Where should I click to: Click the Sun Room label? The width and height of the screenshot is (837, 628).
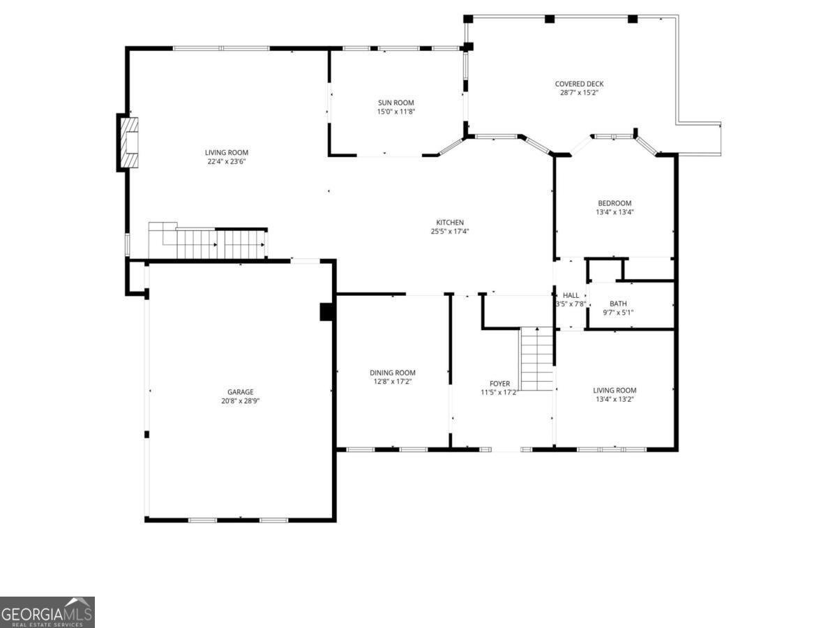point(396,103)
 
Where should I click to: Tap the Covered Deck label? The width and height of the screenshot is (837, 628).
point(579,84)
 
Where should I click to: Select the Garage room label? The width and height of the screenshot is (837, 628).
point(240,392)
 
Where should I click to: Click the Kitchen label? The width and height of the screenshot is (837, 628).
point(450,223)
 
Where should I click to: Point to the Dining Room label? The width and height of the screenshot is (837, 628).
point(393,373)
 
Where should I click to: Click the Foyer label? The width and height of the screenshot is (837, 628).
point(499,384)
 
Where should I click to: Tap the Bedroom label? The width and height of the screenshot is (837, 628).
point(614,203)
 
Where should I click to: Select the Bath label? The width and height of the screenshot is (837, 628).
point(618,304)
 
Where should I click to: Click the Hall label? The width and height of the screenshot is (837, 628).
point(571,295)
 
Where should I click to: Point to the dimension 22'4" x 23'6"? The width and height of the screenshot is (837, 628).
point(227,162)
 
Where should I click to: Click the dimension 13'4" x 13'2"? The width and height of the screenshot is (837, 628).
point(614,399)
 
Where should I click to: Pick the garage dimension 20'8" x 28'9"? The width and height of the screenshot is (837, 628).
point(240,401)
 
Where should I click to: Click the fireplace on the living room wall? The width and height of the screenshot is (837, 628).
point(128,143)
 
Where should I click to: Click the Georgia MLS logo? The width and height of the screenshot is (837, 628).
point(47,612)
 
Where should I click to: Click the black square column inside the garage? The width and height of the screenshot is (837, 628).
point(326,311)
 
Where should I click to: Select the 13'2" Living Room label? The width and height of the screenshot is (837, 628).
point(614,390)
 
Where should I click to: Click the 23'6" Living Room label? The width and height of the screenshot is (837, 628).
point(227,153)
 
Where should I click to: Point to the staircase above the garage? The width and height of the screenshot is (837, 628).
point(209,243)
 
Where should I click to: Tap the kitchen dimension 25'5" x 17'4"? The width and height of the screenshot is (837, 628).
point(450,232)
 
